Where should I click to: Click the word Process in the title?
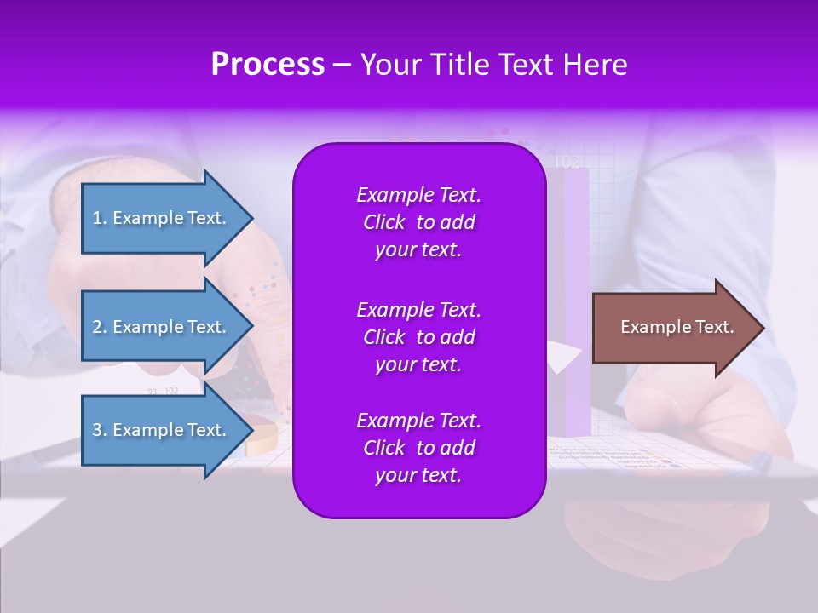(x=268, y=65)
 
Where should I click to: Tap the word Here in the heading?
(x=595, y=65)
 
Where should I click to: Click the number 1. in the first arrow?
(x=100, y=218)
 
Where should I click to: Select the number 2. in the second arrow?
(x=100, y=327)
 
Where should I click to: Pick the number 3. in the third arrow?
(x=100, y=430)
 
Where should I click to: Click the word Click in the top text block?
(x=383, y=222)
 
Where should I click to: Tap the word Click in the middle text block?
(x=383, y=337)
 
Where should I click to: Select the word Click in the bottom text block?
(x=383, y=448)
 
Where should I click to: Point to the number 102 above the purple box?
(x=567, y=162)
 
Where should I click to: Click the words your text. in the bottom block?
(x=418, y=475)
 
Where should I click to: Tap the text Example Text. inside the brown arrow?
(x=677, y=327)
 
